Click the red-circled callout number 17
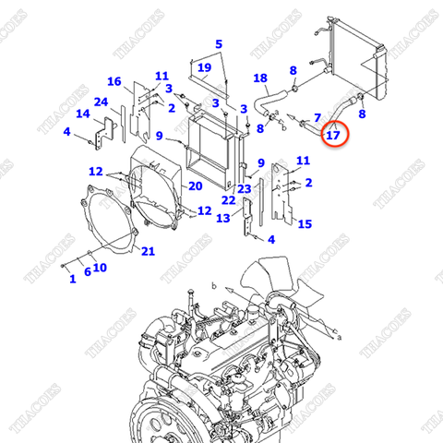333,136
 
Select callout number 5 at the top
219,44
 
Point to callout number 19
205,67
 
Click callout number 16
114,81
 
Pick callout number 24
101,102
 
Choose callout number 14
83,114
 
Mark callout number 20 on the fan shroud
196,186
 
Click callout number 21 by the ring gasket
148,251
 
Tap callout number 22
227,200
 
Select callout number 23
245,189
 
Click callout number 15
305,223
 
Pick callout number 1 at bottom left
72,279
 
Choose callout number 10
100,269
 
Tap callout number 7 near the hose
317,117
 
